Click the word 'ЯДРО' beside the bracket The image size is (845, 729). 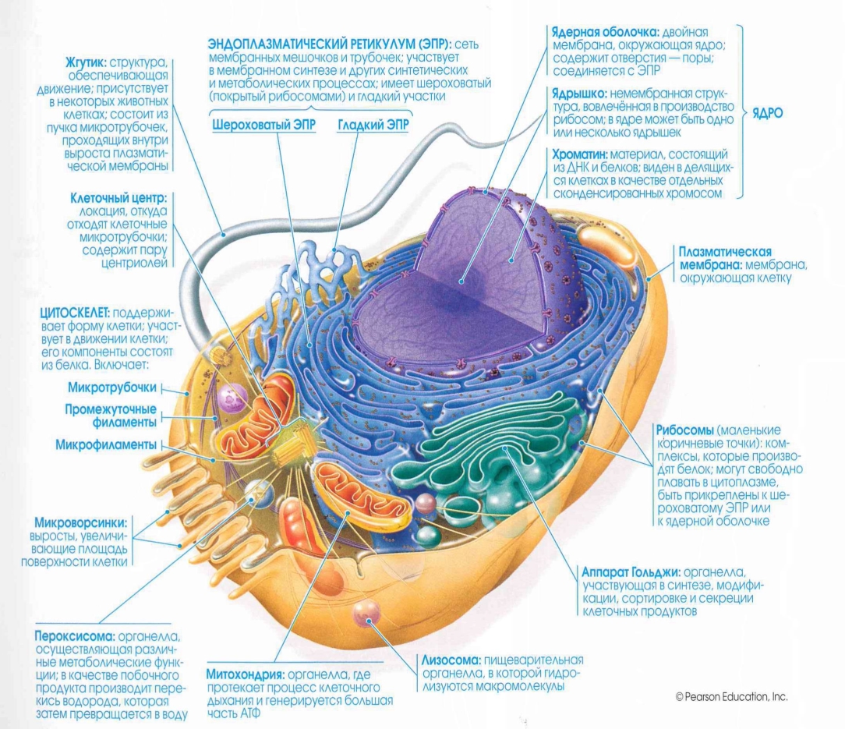[768, 112]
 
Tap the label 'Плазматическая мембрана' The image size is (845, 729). [724, 257]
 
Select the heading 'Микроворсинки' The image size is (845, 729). [82, 522]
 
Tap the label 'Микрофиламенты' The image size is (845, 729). [106, 444]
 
